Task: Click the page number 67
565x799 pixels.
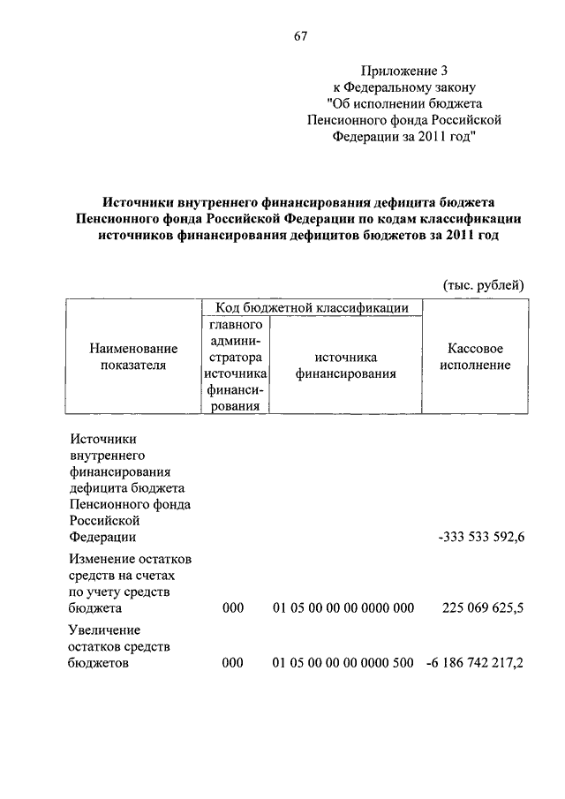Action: coord(299,36)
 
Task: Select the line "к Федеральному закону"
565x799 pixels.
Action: coord(403,87)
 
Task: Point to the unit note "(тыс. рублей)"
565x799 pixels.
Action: coord(483,284)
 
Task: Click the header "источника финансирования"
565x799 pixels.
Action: coord(345,365)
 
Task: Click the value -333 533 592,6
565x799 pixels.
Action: coord(481,537)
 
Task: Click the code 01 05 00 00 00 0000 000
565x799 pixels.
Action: coord(343,608)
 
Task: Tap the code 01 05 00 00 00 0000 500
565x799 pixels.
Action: coord(343,663)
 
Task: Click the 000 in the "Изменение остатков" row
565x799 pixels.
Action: coord(232,608)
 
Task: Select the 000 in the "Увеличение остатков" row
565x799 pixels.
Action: coord(232,663)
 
